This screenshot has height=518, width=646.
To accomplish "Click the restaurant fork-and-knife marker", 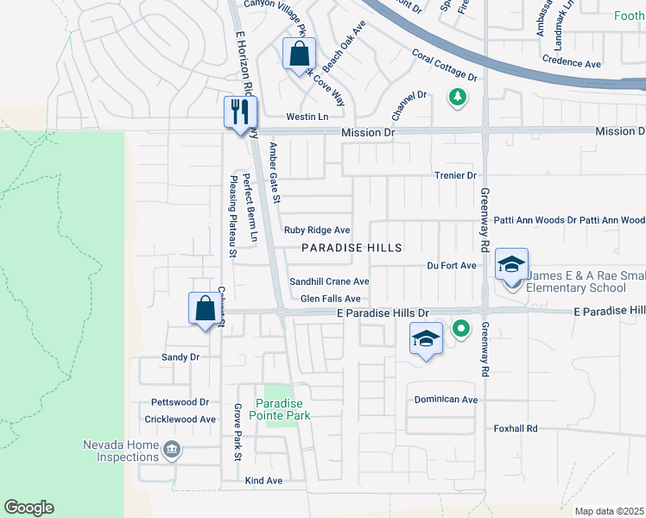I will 240,112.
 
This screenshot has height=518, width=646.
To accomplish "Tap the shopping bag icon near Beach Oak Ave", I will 299,55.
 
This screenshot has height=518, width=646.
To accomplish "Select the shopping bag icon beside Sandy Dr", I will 205,308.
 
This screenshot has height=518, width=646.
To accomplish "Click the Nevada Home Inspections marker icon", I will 171,448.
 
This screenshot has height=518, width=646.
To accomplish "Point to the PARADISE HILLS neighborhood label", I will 351,248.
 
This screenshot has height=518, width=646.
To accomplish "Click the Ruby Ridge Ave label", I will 317,231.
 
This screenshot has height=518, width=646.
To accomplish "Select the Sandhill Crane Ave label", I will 329,281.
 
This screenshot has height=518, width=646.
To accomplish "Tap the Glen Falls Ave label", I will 330,299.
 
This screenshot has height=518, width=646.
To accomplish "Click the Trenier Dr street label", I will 455,175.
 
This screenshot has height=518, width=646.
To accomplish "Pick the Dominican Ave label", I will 446,400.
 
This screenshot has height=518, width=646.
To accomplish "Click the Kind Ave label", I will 263,480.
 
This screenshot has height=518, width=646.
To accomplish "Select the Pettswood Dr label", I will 180,402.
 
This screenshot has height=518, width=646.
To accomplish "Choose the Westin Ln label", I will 307,117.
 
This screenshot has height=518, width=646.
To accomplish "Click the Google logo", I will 28,508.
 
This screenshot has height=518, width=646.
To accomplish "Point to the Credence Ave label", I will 571,64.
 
